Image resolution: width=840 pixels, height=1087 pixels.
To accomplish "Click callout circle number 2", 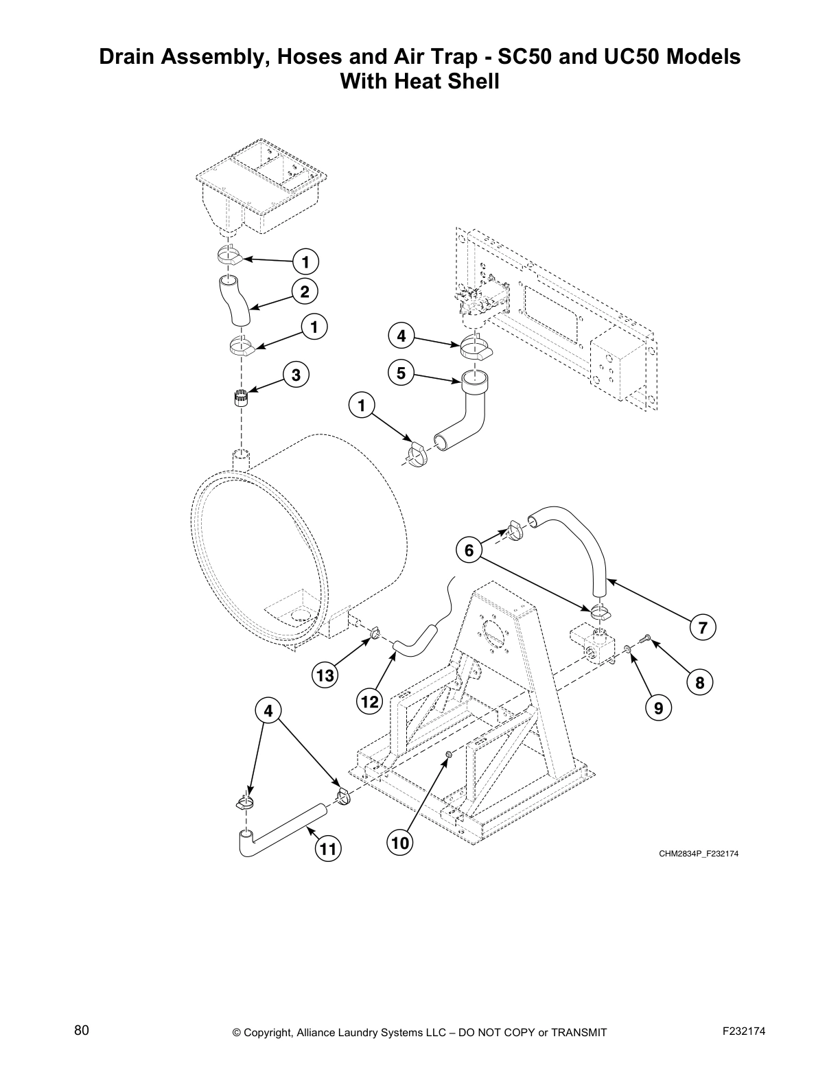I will (305, 292).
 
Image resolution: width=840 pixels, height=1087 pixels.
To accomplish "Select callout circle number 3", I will (296, 375).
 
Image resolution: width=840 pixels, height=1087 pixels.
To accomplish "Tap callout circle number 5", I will (401, 373).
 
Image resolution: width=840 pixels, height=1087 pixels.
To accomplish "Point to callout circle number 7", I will (703, 627).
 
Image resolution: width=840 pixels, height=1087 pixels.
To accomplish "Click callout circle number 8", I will (700, 682).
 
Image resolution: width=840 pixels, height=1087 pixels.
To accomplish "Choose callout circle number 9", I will (658, 708).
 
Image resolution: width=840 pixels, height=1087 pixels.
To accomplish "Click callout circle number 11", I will (328, 850).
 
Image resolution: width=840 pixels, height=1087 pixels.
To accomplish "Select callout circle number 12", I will (369, 702).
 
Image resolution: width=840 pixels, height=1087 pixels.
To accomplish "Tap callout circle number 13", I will (325, 676).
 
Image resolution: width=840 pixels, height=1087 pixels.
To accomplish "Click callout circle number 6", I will (469, 550).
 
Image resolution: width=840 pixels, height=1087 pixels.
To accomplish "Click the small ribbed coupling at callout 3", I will (240, 398).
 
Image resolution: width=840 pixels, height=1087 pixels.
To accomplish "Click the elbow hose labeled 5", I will (473, 412).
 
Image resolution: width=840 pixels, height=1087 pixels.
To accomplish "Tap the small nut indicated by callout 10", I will (448, 755).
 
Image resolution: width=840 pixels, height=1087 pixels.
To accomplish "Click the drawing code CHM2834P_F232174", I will (699, 854).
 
